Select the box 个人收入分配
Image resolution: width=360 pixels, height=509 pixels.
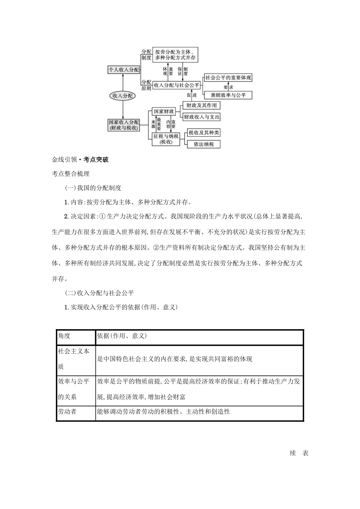coord(124,70)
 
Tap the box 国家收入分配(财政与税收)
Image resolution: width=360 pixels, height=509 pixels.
coord(124,125)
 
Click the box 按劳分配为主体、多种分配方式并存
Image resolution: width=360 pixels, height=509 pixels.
coord(175,55)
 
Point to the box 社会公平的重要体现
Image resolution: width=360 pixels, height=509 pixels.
coord(228,78)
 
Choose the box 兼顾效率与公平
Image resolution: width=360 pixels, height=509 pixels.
coord(228,95)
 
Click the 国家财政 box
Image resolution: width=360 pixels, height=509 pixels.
coord(163,111)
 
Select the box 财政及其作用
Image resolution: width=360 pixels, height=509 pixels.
coord(201,105)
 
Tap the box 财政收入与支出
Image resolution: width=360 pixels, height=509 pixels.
coord(201,117)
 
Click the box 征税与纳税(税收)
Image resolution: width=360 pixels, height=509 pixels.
coord(166,139)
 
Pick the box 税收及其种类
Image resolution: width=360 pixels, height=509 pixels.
coord(204,133)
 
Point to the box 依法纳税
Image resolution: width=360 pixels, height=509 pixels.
coord(204,144)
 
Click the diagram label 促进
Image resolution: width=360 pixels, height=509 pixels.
coord(191,95)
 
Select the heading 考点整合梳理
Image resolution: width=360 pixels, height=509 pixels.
coord(70,174)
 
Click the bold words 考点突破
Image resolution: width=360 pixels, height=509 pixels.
coord(96,159)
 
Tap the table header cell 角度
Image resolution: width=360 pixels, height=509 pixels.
coord(64,336)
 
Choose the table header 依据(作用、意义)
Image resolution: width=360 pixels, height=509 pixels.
coord(122,336)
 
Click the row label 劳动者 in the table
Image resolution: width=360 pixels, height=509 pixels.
coord(67,412)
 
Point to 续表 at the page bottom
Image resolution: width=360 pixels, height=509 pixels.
coord(299,453)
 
